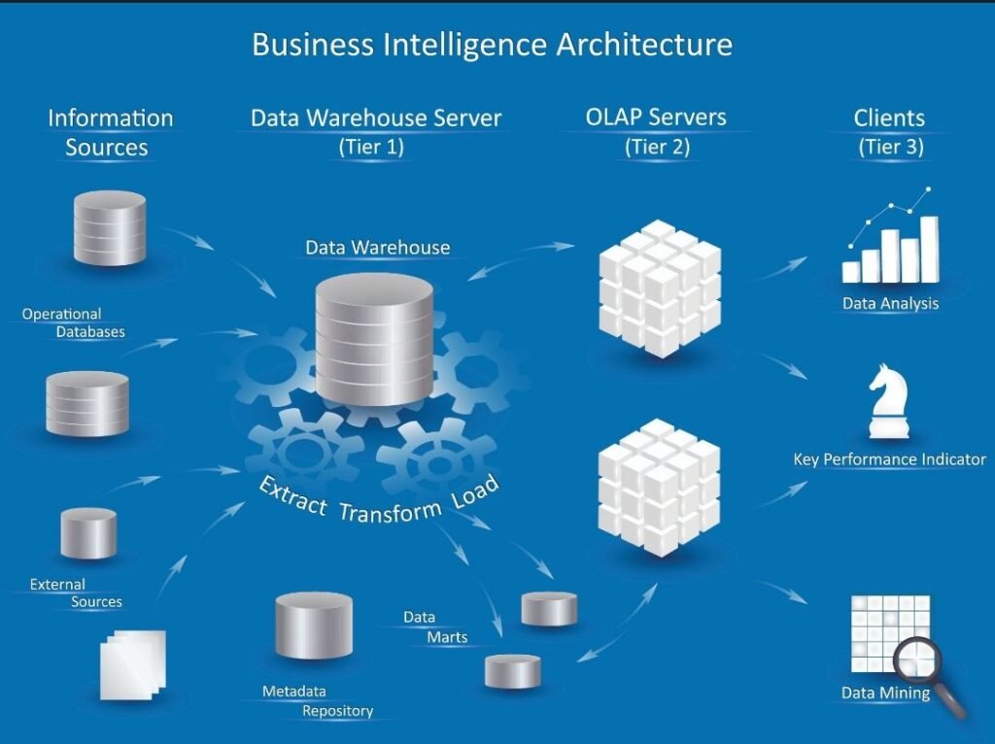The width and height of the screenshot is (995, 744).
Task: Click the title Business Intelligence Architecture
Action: [492, 45]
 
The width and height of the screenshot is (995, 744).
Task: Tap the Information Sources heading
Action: [110, 132]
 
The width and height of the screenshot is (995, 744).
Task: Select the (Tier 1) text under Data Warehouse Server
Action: [371, 148]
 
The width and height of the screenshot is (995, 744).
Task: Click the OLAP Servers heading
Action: [656, 118]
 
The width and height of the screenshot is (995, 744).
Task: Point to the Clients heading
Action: [889, 118]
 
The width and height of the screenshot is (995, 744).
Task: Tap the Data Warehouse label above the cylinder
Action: [377, 248]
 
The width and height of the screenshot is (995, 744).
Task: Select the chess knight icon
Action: [886, 402]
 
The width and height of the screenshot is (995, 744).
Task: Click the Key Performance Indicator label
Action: [889, 459]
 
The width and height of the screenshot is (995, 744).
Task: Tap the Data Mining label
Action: [885, 693]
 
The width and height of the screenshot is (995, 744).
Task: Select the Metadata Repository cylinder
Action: [313, 624]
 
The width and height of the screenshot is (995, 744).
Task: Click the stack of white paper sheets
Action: [133, 664]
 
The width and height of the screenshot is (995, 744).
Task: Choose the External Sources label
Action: [75, 593]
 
